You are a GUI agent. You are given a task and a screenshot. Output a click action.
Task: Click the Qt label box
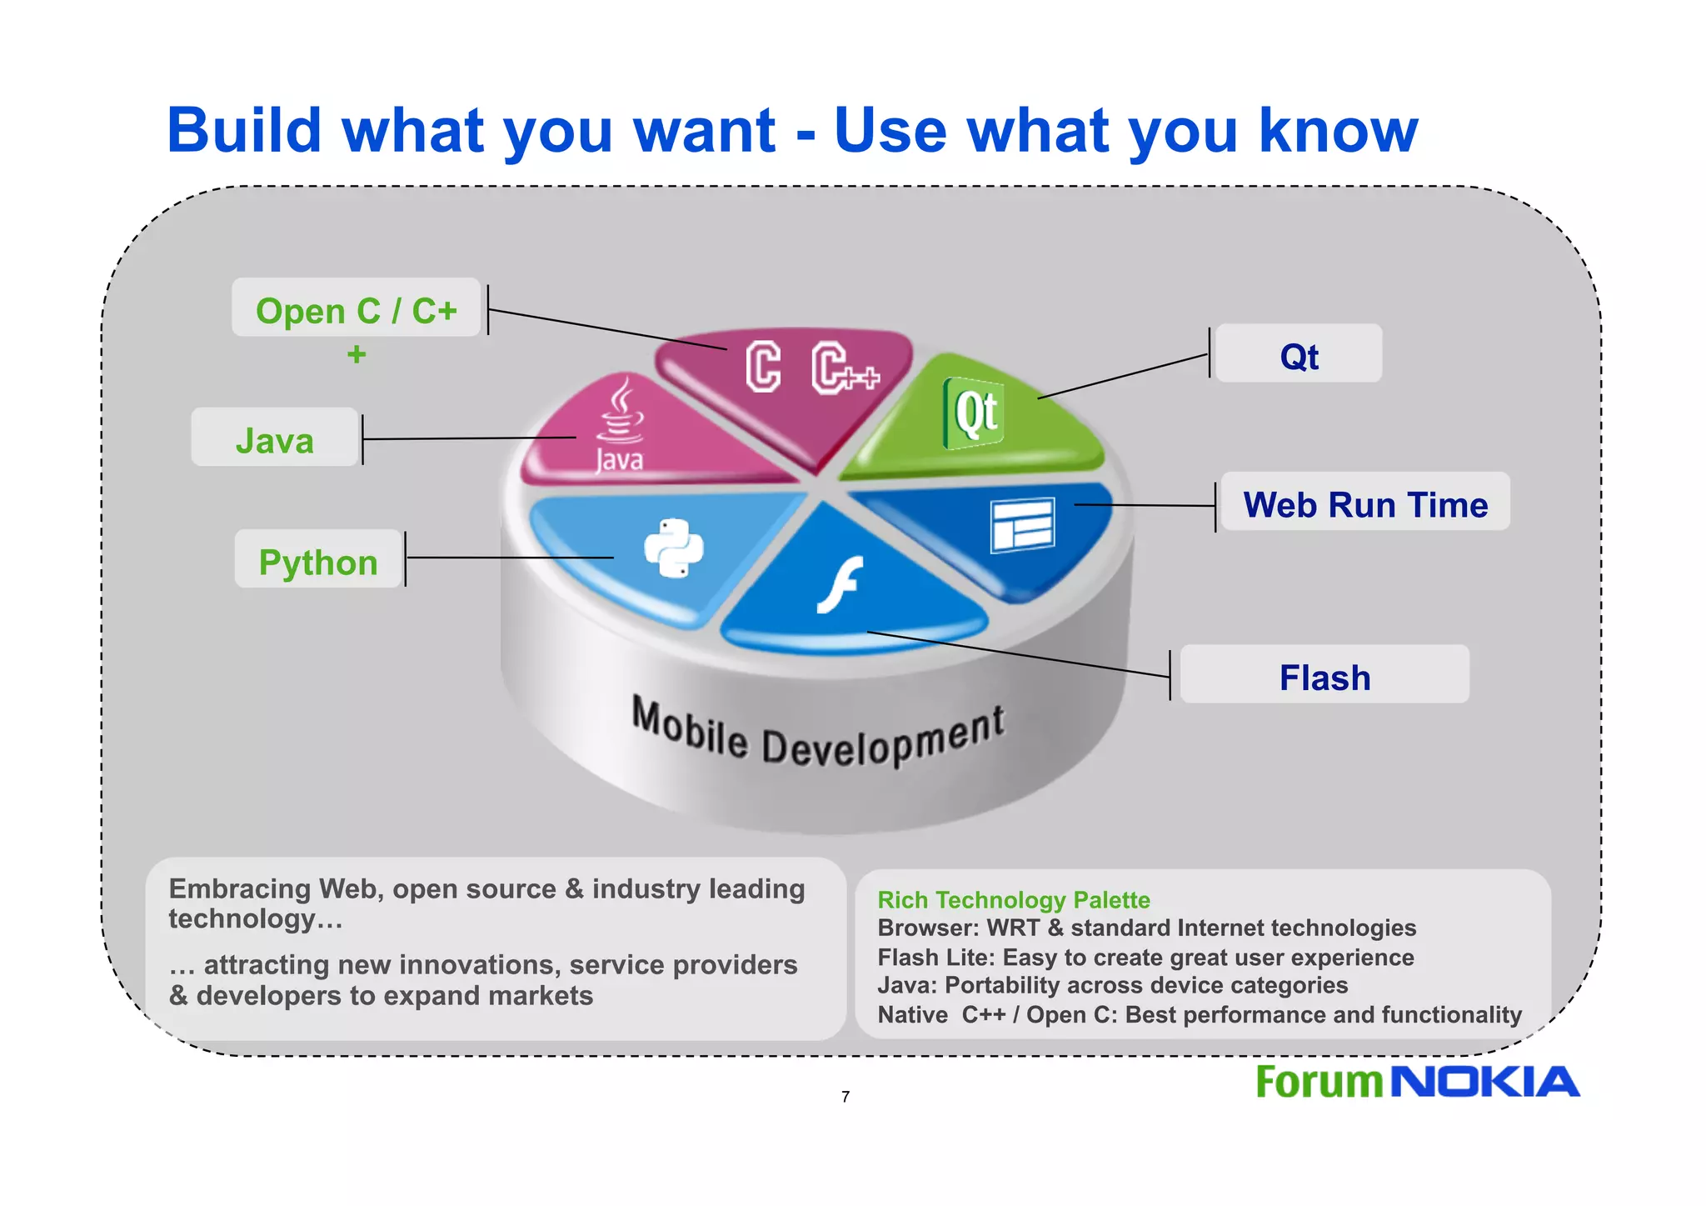tap(1298, 354)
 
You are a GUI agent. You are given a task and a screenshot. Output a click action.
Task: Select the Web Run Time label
tap(1364, 503)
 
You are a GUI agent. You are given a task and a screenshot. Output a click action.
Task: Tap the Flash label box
tap(1324, 675)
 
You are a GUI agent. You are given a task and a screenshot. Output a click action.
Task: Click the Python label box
tap(318, 561)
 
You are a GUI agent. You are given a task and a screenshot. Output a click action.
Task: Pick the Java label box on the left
tap(275, 438)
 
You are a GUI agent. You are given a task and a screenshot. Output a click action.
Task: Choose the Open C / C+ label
tap(356, 309)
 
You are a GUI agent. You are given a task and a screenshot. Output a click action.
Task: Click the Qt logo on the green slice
tap(973, 412)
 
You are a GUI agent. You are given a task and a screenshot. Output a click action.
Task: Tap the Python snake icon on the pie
tap(674, 548)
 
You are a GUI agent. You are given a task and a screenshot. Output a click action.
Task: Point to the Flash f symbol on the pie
tap(840, 583)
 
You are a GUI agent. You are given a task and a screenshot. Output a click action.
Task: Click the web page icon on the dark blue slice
tap(1022, 524)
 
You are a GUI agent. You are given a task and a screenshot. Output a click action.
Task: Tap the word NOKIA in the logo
tap(1484, 1083)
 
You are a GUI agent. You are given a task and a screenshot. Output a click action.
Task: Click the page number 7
tap(846, 1097)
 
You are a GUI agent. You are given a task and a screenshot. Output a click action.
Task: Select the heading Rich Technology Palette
tap(1013, 899)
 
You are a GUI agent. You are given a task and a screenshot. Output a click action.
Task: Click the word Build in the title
tap(243, 131)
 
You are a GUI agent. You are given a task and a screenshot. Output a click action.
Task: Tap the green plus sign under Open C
tap(357, 354)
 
